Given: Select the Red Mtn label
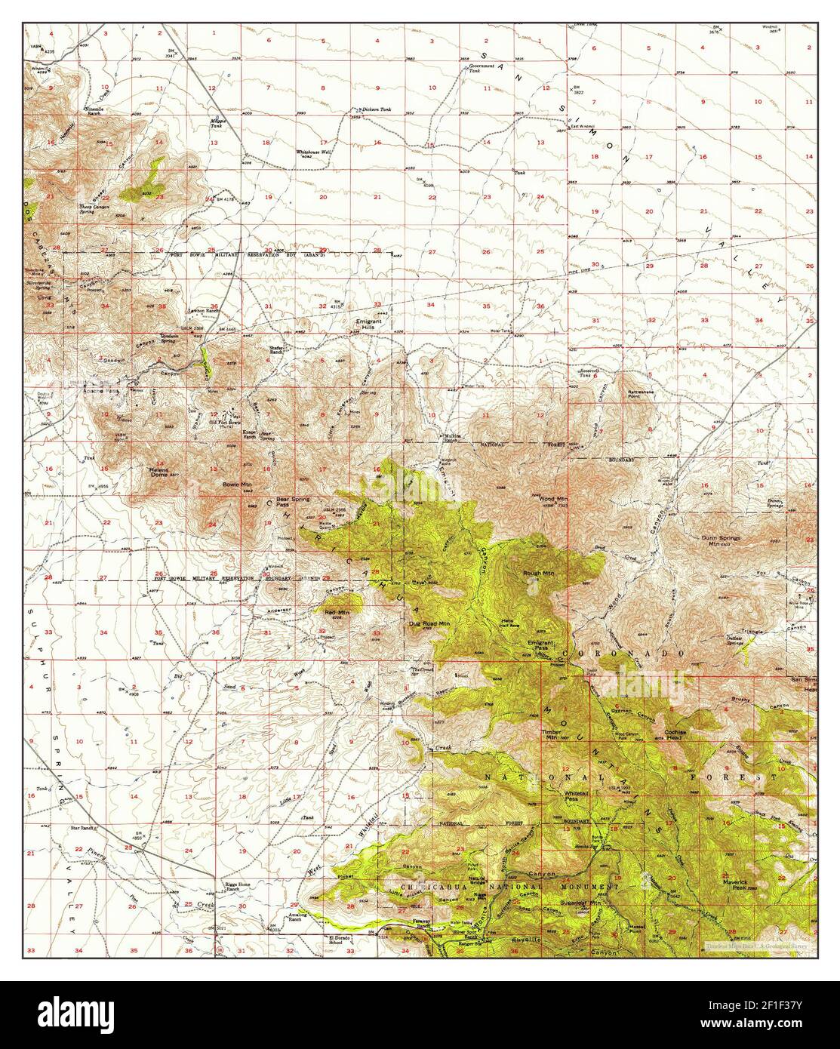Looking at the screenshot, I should coord(337,612).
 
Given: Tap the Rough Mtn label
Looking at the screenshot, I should coord(539,573).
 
